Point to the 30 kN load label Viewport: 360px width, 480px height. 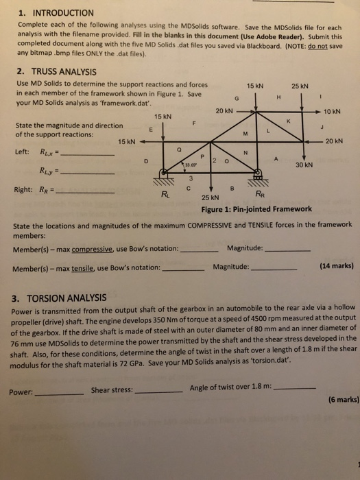304,165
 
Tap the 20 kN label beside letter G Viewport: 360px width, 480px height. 224,111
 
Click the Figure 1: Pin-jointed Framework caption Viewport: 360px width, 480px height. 256,209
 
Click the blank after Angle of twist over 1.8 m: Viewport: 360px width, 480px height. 295,388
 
